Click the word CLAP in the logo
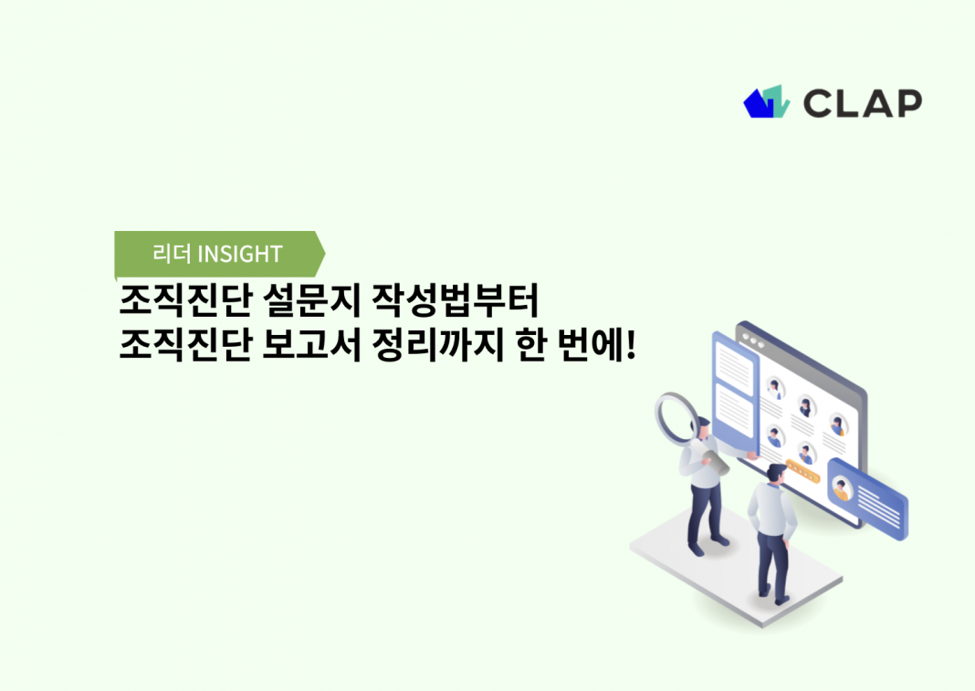(x=862, y=103)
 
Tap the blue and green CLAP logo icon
(x=767, y=101)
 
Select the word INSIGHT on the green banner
(x=240, y=254)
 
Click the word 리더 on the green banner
(x=171, y=254)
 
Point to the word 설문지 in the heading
(x=311, y=299)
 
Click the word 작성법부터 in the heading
(x=455, y=299)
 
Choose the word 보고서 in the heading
(x=311, y=345)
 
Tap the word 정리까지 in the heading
(x=437, y=345)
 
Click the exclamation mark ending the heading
(x=631, y=345)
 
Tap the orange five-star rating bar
(x=802, y=471)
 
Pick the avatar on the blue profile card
(x=842, y=487)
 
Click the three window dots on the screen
(x=753, y=340)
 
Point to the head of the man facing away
(x=776, y=474)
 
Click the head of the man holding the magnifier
(x=701, y=428)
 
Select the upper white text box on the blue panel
(x=734, y=364)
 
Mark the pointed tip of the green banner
(x=325, y=254)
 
